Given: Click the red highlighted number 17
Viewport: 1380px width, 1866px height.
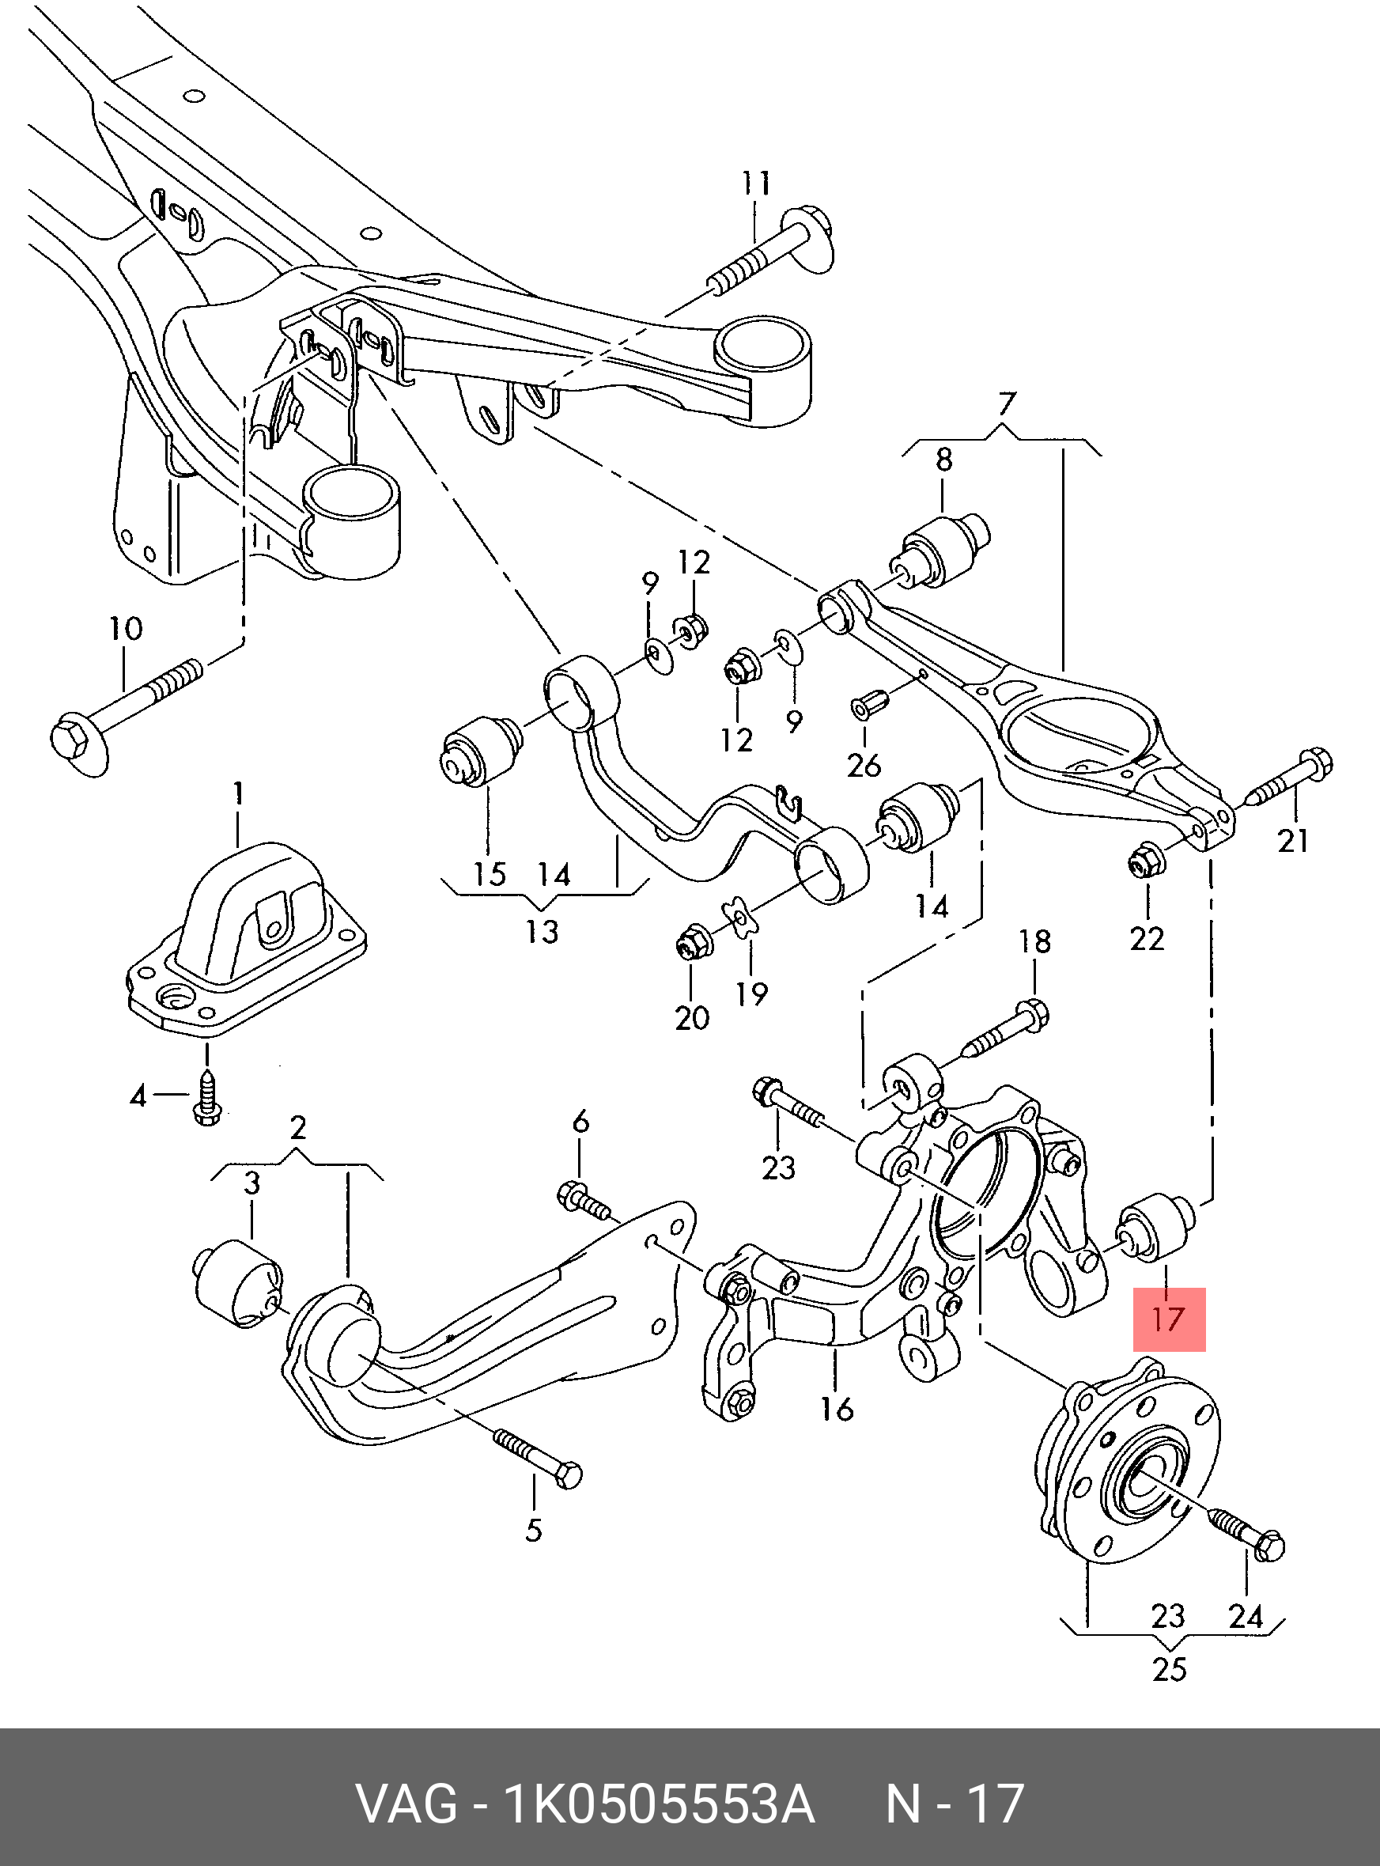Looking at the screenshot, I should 1169,1319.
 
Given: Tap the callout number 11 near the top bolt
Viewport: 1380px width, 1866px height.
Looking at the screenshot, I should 756,183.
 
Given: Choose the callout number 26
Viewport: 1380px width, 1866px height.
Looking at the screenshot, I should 864,764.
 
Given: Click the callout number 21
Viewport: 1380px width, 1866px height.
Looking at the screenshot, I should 1293,840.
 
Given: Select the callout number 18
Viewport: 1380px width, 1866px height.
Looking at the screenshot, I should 1034,942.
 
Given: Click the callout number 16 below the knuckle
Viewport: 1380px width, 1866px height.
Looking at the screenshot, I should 836,1409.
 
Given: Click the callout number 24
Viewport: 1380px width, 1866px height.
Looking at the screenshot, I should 1245,1615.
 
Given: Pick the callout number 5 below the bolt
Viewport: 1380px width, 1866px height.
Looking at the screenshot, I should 534,1530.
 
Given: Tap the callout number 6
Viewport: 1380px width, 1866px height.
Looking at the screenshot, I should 580,1122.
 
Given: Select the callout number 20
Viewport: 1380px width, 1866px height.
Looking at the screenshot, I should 692,1017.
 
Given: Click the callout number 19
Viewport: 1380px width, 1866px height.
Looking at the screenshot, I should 752,994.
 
